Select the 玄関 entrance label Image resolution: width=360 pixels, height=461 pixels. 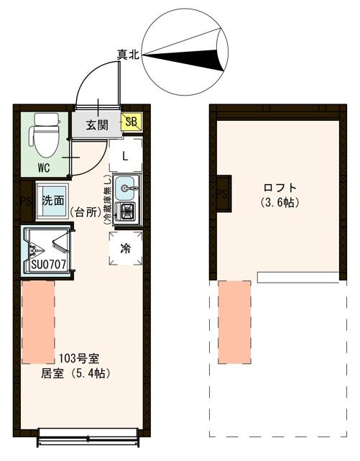pos(97,124)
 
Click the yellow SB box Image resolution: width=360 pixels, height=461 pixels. pos(131,122)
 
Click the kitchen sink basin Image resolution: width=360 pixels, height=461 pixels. pos(126,188)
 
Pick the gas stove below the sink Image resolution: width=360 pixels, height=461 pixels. pos(127,211)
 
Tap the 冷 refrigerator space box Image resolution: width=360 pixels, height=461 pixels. pos(126,249)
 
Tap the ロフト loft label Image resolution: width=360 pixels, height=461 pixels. pos(280,189)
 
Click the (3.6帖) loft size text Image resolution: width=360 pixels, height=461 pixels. pos(280,203)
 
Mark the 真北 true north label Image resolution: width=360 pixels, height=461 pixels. pos(129,54)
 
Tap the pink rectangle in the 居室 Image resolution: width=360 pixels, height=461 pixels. pos(38,321)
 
